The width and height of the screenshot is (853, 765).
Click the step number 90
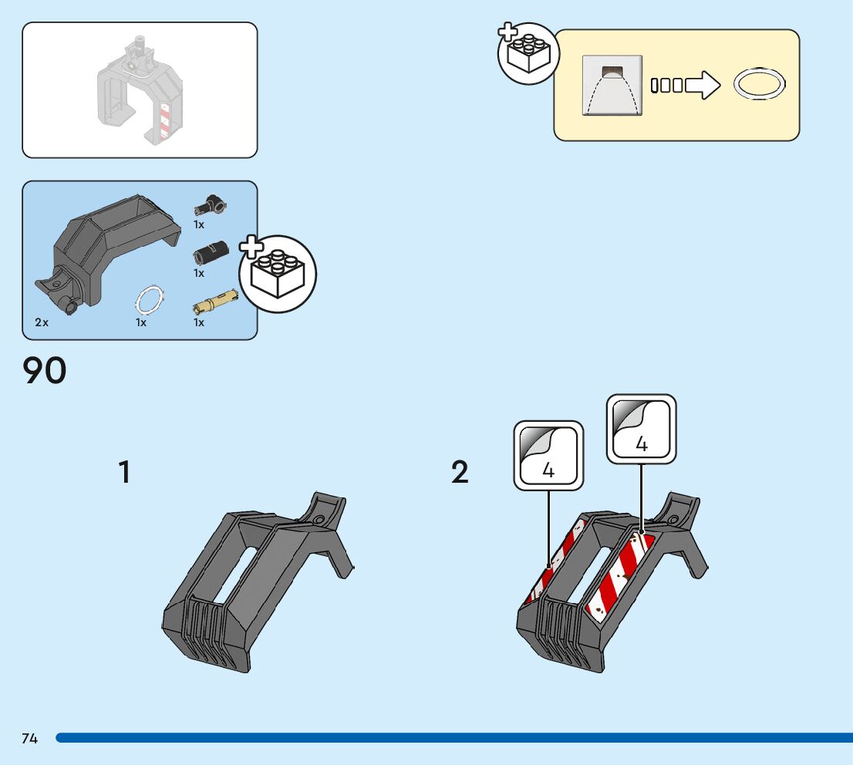pos(45,371)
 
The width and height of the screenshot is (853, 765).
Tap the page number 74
pos(29,739)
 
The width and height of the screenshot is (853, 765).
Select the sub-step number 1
pos(124,472)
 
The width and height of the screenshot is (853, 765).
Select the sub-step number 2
pos(460,472)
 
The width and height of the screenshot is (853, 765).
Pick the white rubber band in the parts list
pos(150,299)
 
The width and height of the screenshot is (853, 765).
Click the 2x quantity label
pos(42,322)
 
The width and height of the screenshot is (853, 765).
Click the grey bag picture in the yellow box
pos(612,86)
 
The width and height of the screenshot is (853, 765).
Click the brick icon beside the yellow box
pos(528,53)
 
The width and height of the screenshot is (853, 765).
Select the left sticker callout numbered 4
pos(548,455)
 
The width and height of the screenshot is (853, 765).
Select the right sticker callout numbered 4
pos(641,429)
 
